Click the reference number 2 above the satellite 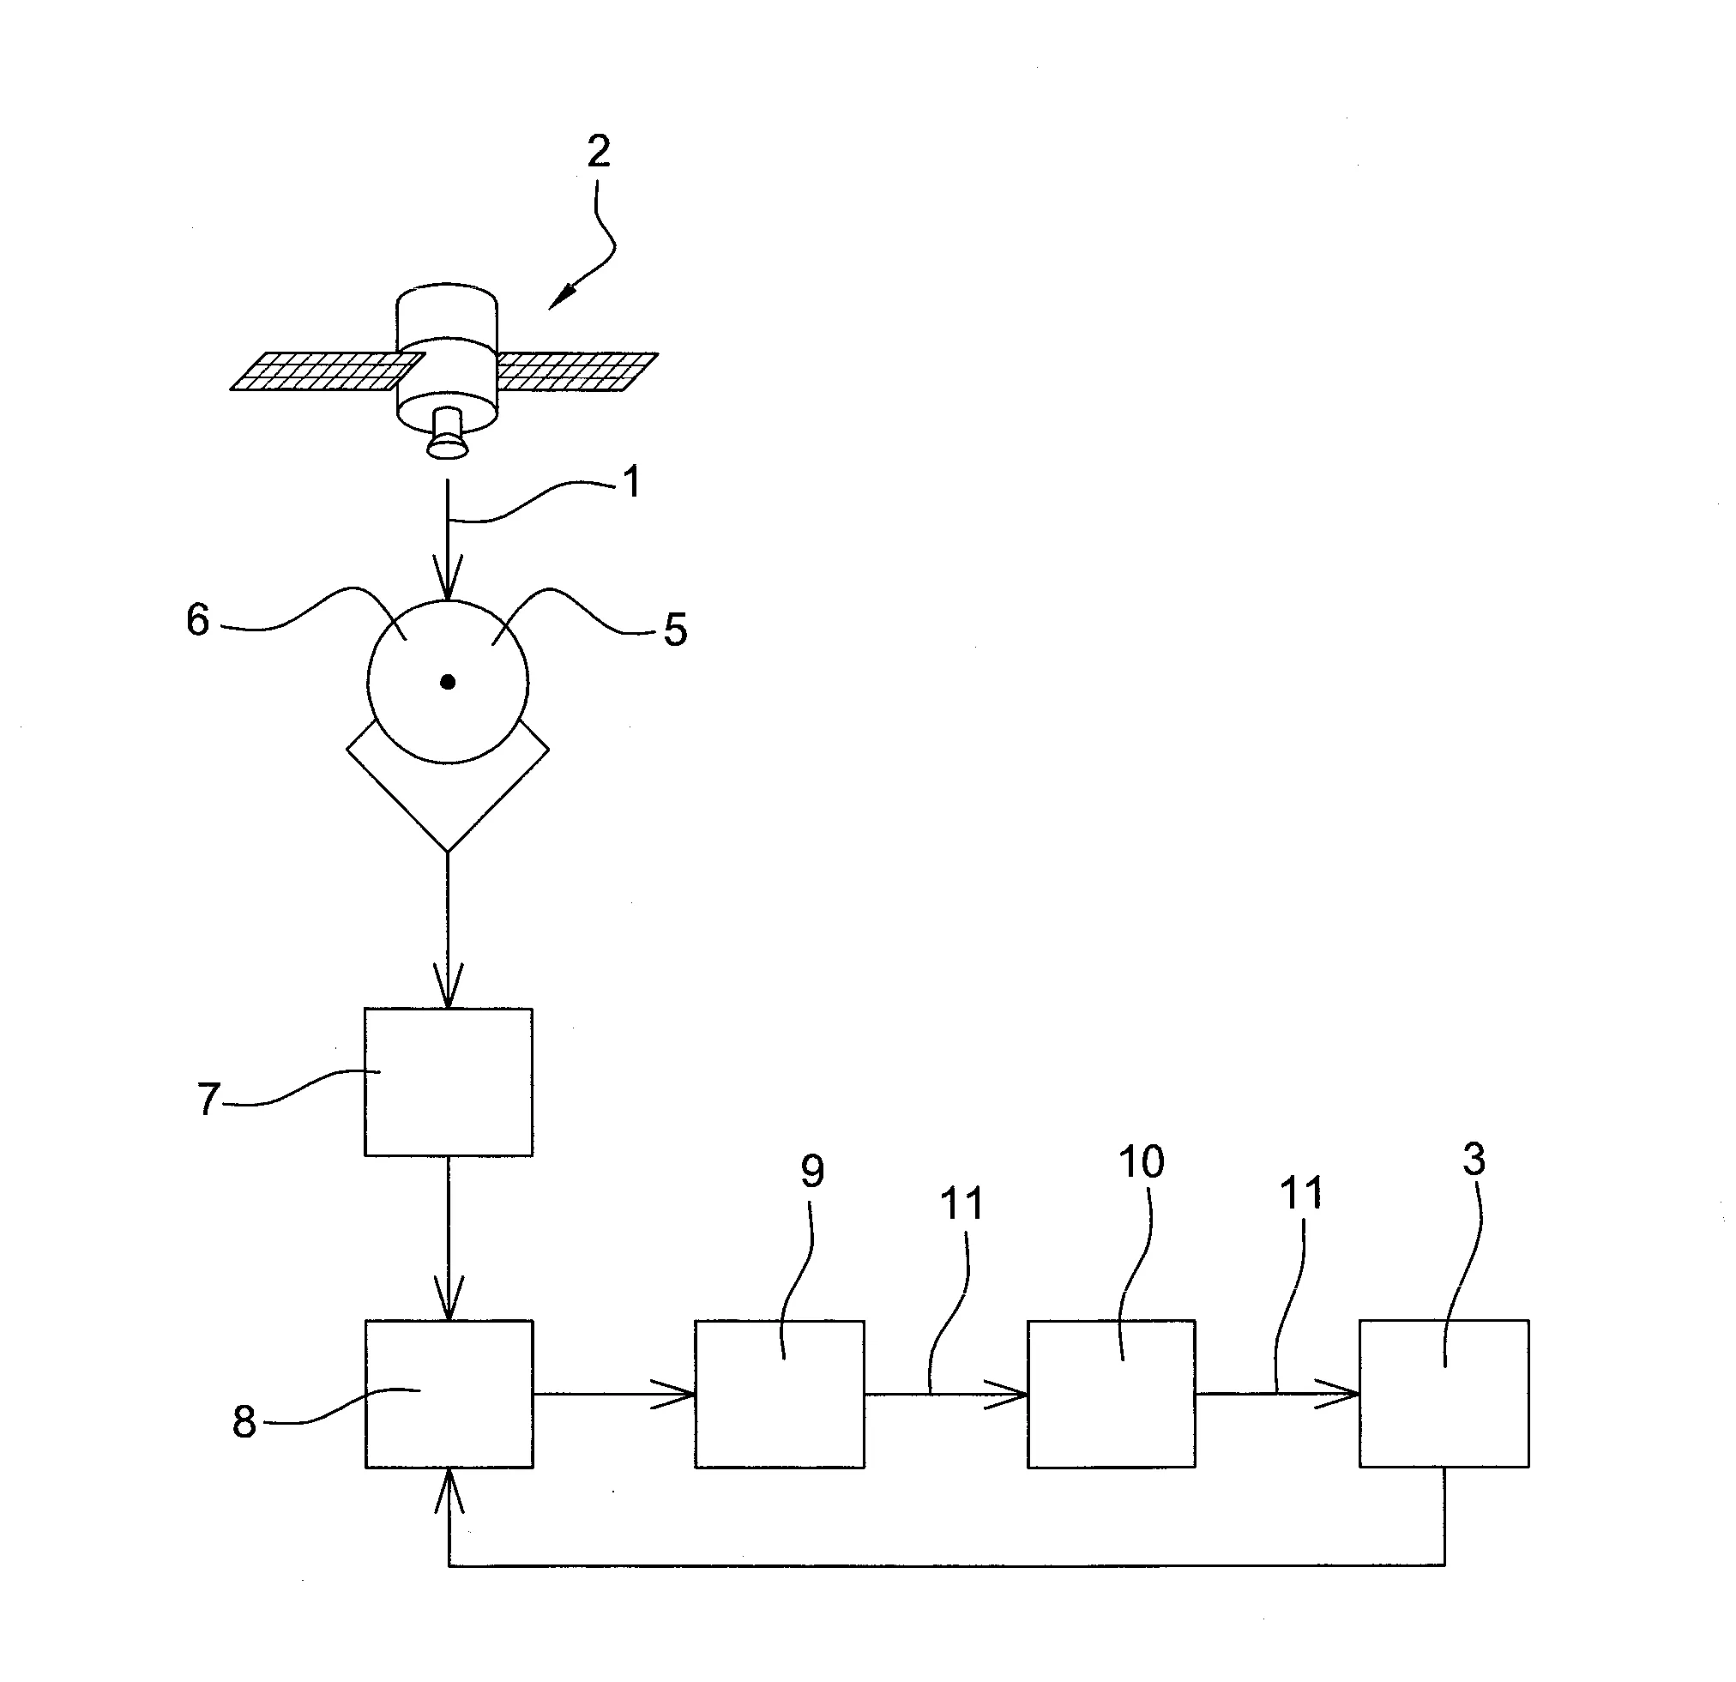coord(599,153)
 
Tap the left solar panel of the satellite coord(327,372)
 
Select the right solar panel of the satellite coord(576,371)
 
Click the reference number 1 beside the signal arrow coord(631,484)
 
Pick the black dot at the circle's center coord(449,682)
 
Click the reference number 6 coord(197,620)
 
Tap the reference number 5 coord(675,630)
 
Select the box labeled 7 coord(449,1082)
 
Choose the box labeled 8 coord(449,1394)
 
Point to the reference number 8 coord(244,1421)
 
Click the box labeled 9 coord(780,1394)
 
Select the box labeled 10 coord(1111,1394)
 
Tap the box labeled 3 coord(1444,1394)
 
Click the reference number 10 coord(1141,1162)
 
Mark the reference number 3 coord(1474,1160)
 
